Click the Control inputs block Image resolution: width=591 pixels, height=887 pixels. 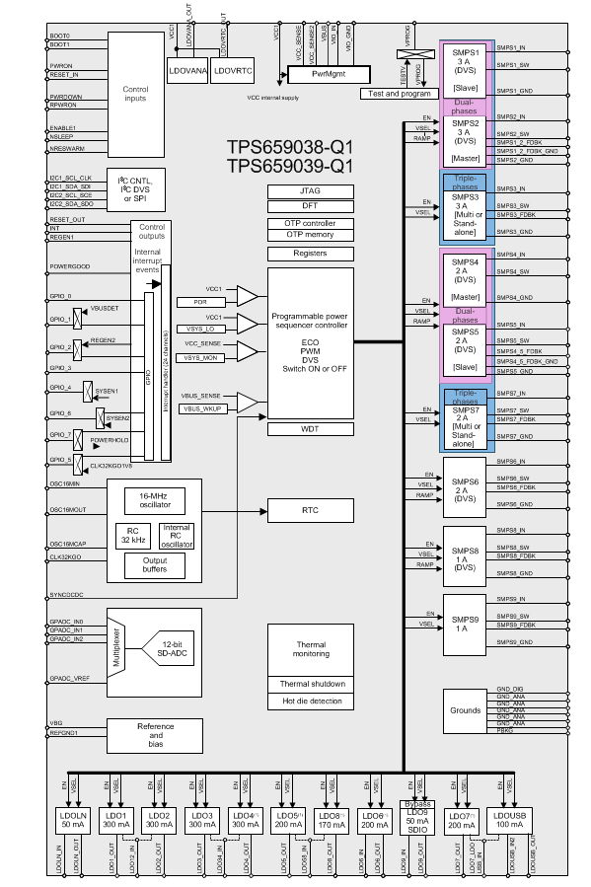135,94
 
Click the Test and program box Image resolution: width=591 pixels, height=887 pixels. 399,93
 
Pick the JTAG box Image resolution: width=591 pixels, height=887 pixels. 310,190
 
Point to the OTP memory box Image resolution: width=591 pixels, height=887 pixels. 310,234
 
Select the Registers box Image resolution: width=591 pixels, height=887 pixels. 310,254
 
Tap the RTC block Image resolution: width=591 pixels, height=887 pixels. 310,510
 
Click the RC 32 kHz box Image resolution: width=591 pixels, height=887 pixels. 133,534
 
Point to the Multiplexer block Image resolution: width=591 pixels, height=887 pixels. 116,646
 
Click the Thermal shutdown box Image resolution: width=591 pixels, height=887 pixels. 310,684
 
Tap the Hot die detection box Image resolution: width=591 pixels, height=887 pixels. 310,702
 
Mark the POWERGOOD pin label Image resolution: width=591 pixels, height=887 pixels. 70,266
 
